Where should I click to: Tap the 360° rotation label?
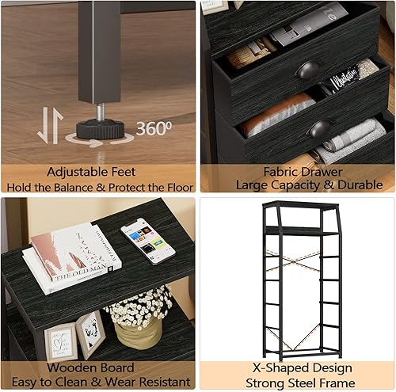[x=152, y=128]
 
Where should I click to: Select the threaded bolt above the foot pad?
[x=101, y=110]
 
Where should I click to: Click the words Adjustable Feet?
[x=91, y=171]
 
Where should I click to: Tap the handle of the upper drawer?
[x=308, y=71]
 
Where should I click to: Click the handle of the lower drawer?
[x=320, y=127]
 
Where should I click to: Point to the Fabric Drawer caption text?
[x=296, y=171]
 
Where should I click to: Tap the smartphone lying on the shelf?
[x=148, y=239]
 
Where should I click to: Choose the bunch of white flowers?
[x=139, y=306]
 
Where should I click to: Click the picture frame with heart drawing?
[x=90, y=333]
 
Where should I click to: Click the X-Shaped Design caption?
[x=297, y=368]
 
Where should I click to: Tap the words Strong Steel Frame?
[x=297, y=382]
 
